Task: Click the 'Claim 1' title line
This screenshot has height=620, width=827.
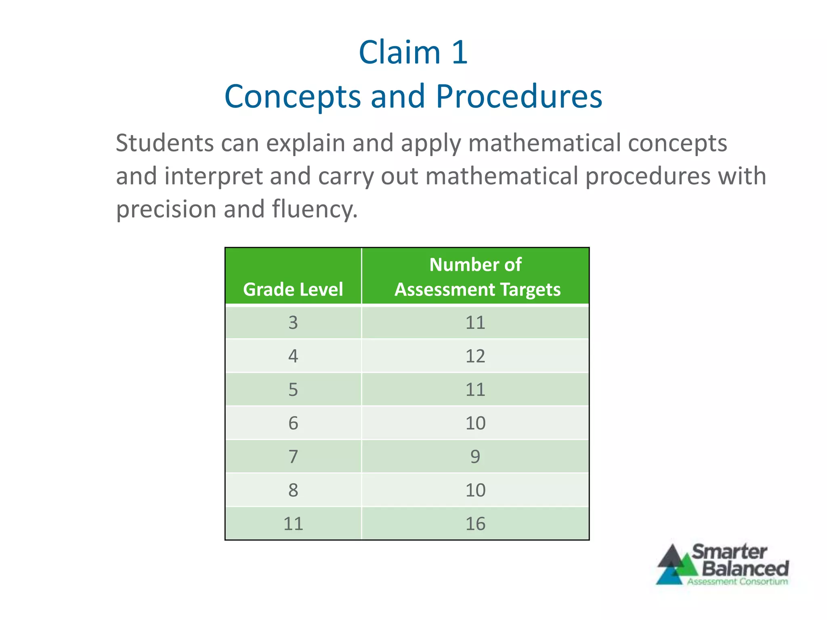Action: click(x=413, y=52)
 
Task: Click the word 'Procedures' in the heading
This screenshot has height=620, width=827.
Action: click(x=518, y=97)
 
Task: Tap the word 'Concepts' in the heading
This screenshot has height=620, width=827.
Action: click(x=292, y=97)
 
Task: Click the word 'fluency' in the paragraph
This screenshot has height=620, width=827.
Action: click(x=313, y=209)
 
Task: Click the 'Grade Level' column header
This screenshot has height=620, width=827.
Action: click(x=293, y=289)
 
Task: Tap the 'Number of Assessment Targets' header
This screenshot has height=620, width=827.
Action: click(x=476, y=277)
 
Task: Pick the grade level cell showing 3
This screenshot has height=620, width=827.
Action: click(x=293, y=323)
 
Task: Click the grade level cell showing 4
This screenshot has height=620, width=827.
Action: click(x=293, y=356)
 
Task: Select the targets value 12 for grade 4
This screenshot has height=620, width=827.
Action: click(x=475, y=356)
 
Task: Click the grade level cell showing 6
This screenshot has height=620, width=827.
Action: click(x=293, y=423)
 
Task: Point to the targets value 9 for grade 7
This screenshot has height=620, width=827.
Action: click(x=475, y=457)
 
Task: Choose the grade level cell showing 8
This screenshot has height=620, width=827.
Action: click(x=293, y=490)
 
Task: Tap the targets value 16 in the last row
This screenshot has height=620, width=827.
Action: click(x=475, y=524)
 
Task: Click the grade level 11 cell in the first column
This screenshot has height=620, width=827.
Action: click(x=293, y=524)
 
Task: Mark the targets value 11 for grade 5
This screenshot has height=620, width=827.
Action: click(x=475, y=390)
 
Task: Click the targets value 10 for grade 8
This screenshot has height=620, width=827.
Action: click(x=475, y=490)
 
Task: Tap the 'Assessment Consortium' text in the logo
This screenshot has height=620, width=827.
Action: click(x=737, y=582)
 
